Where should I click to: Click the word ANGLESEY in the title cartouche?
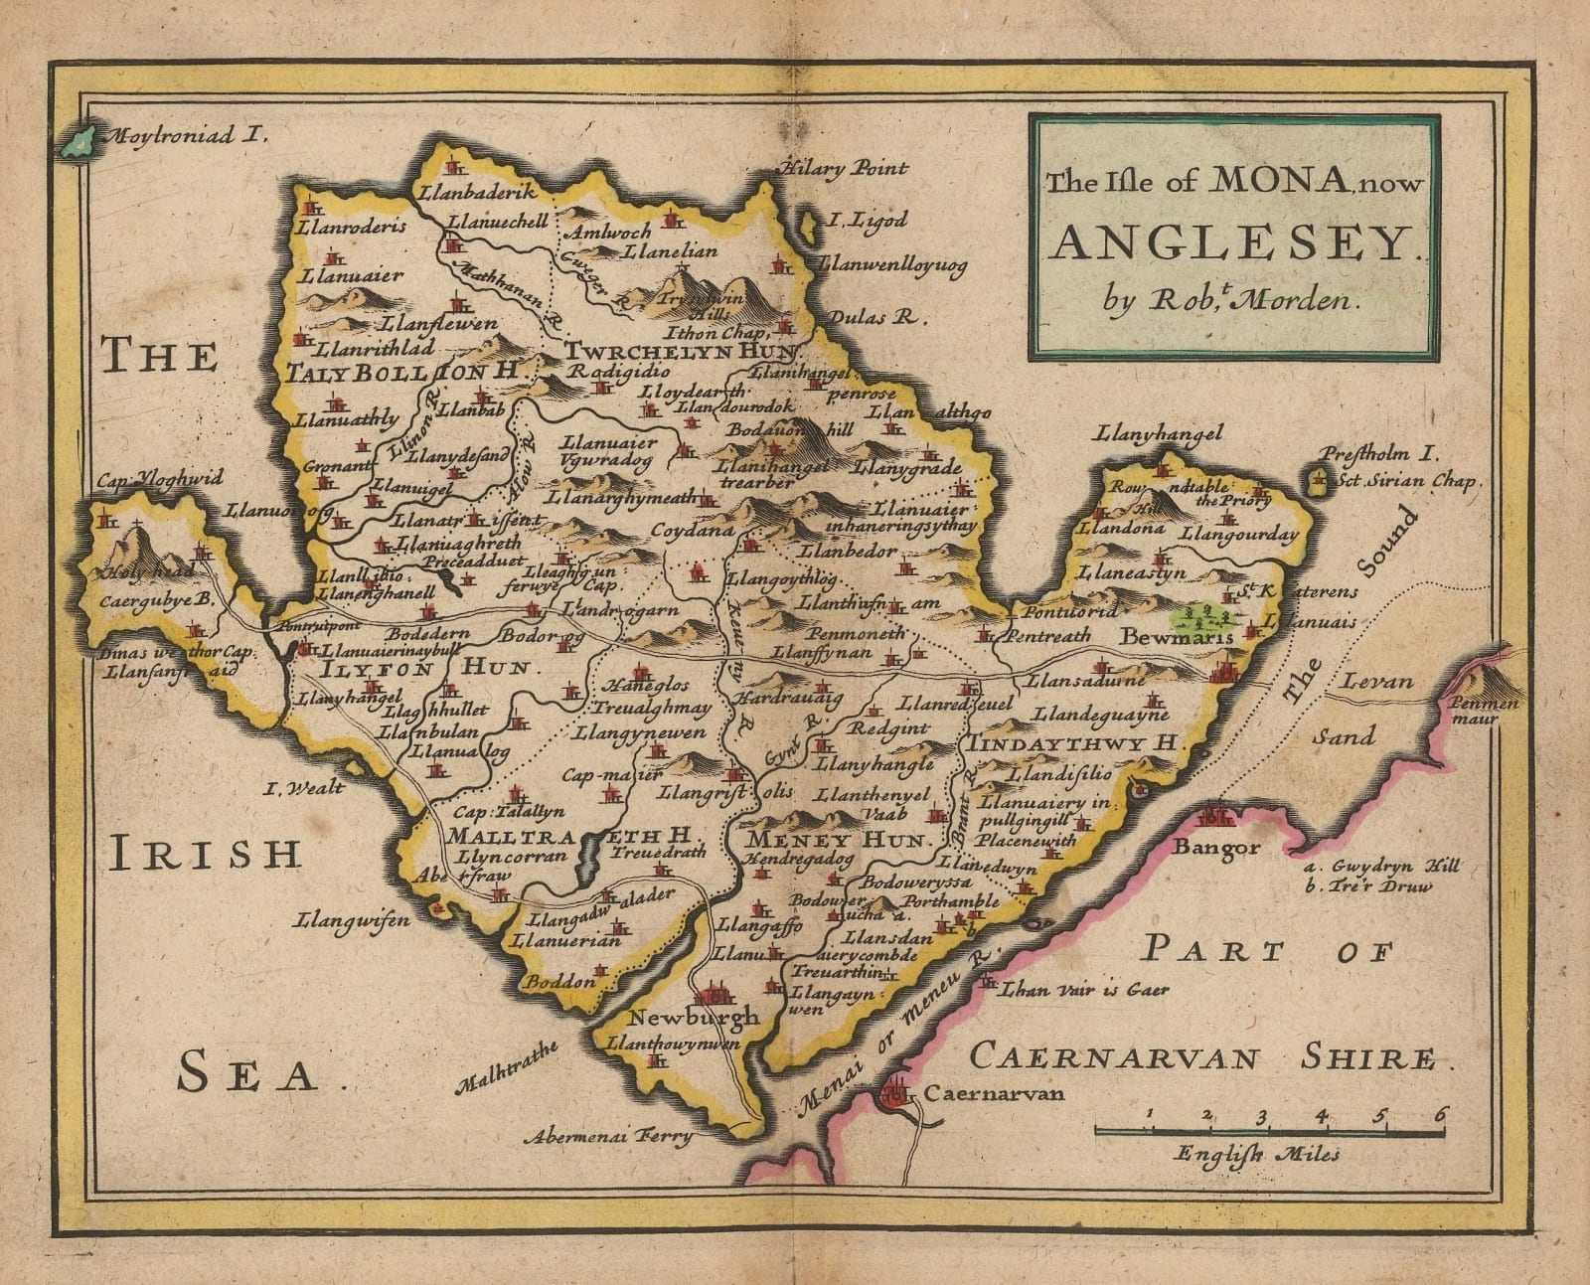1232,241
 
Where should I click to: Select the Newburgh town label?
694,1017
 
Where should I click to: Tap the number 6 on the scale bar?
1438,1113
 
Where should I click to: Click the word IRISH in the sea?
204,853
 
